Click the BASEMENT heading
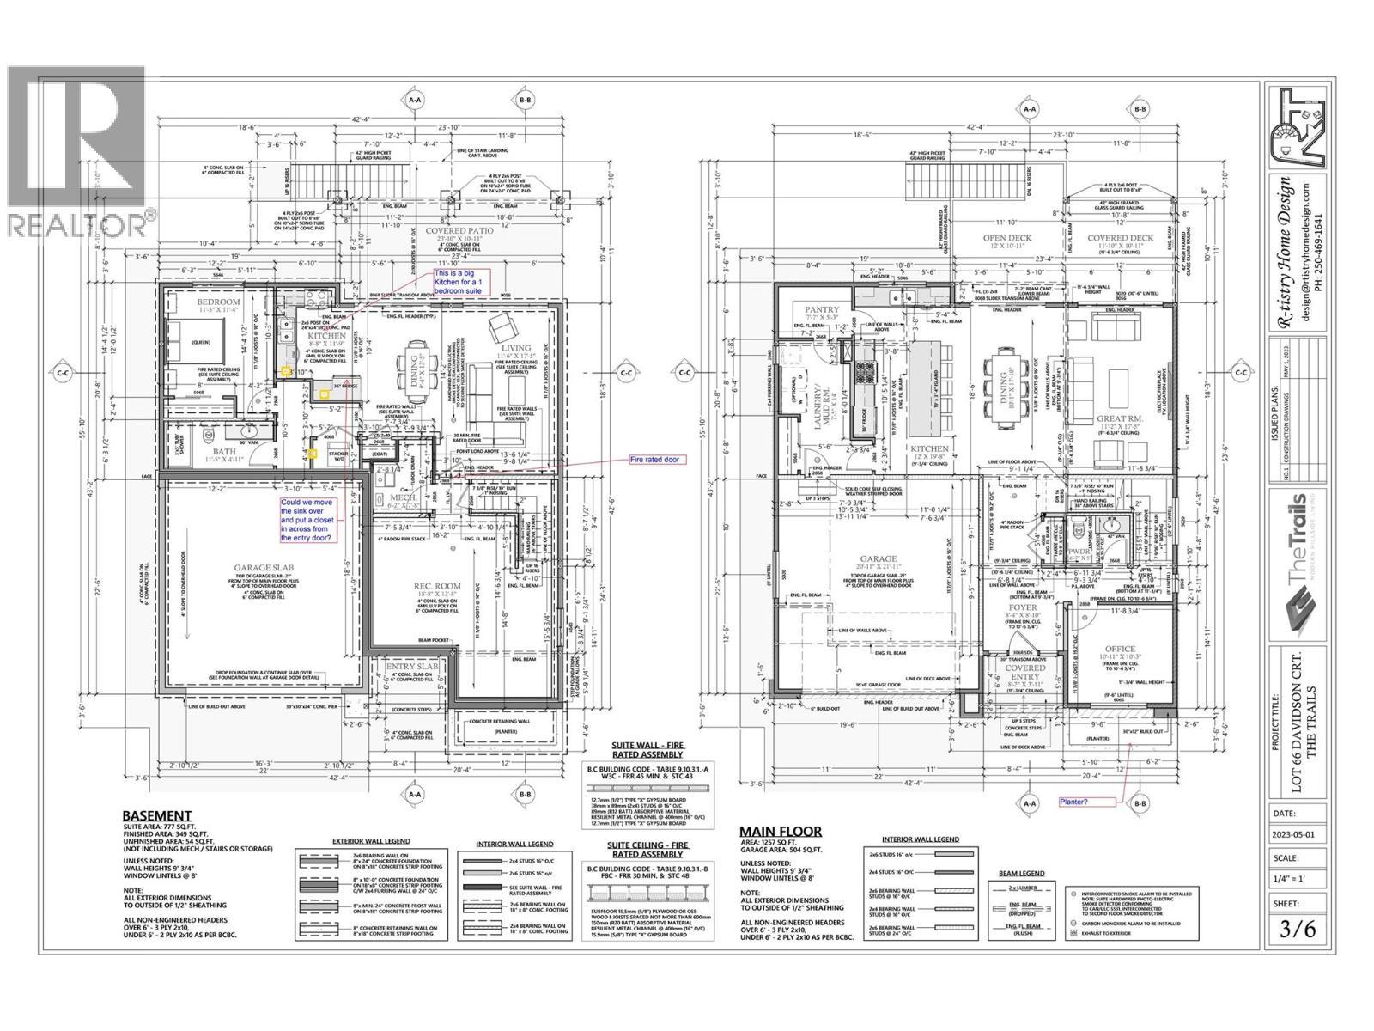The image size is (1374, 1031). [x=157, y=815]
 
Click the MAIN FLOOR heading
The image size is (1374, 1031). [x=781, y=831]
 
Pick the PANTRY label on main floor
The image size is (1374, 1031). [x=820, y=308]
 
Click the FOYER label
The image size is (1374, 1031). [x=1023, y=607]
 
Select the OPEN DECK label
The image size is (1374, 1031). [x=1007, y=237]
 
